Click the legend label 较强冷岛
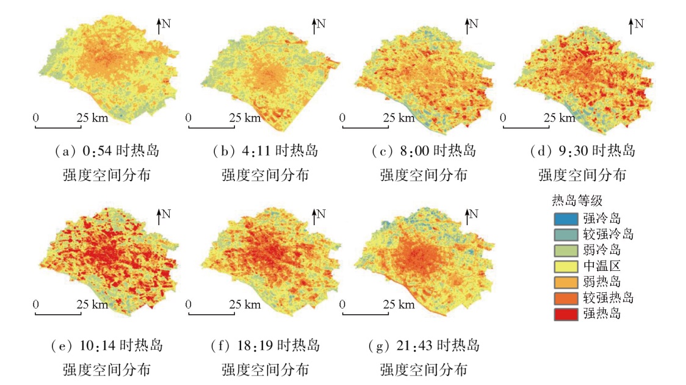click(x=608, y=234)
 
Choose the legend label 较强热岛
click(x=608, y=298)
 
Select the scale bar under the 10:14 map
click(x=59, y=314)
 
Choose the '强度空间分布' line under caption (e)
click(x=106, y=370)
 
